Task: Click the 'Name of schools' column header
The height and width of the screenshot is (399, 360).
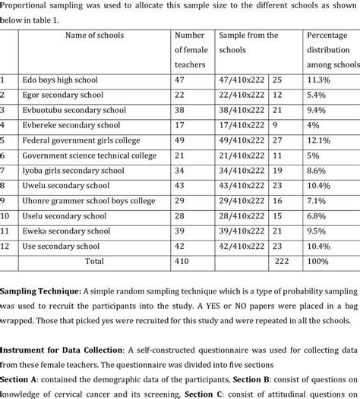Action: point(94,36)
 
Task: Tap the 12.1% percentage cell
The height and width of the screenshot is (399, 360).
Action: point(319,140)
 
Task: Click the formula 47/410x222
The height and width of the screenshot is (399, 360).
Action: point(242,80)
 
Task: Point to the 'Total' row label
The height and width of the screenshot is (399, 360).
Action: point(94,261)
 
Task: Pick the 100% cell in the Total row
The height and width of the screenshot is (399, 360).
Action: point(319,261)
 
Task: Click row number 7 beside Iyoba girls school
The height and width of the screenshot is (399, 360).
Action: point(4,171)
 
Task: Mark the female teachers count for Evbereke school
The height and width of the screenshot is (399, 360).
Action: point(180,125)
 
